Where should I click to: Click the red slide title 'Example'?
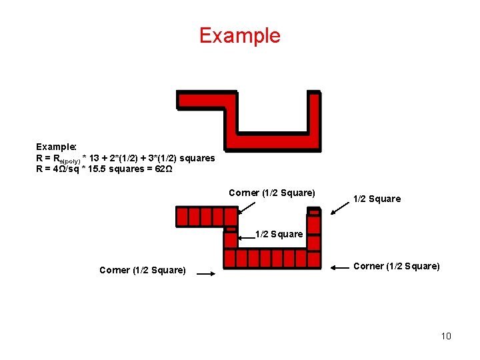click(240, 35)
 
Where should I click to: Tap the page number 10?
click(446, 336)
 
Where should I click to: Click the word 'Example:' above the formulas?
click(57, 146)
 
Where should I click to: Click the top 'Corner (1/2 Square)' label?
click(271, 193)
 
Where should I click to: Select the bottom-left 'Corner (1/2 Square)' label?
click(143, 270)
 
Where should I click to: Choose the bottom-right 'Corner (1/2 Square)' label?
click(397, 267)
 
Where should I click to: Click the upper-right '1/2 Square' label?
click(377, 199)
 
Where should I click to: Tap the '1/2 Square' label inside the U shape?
click(279, 234)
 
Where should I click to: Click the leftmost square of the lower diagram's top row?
click(182, 217)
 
